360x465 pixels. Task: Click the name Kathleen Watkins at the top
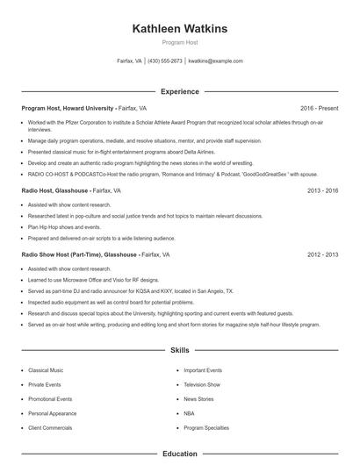click(179, 29)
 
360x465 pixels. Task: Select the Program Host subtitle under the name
click(179, 43)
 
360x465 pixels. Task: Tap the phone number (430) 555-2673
click(165, 61)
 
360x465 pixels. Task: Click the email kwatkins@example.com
click(215, 61)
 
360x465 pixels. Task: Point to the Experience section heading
click(179, 90)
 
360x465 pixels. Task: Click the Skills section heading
click(179, 349)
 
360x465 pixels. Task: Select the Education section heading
click(179, 454)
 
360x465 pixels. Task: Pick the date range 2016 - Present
click(319, 108)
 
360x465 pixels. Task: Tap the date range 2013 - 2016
click(322, 190)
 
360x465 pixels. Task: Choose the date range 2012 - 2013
click(322, 254)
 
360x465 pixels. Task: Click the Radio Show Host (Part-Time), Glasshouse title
click(80, 254)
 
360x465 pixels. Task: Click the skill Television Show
click(201, 384)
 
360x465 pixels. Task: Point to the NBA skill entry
click(190, 412)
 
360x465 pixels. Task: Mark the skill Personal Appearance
click(53, 412)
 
